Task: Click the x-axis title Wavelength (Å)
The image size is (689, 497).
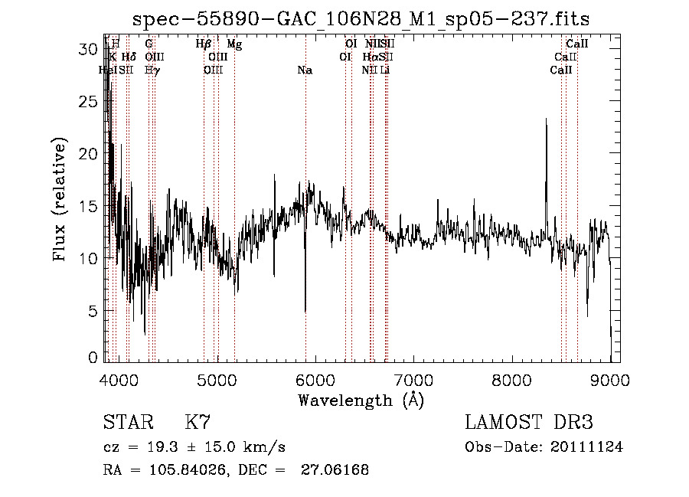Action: coord(361,400)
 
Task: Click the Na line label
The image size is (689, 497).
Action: coord(305,70)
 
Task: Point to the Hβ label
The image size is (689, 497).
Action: coord(204,44)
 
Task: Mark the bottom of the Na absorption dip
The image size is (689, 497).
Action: coord(305,311)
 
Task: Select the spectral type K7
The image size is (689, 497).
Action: coord(198,422)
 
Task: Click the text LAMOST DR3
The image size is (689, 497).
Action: coord(529,422)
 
